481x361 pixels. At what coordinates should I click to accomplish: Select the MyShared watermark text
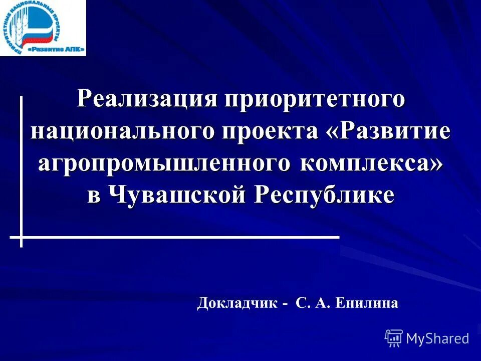tap(437, 338)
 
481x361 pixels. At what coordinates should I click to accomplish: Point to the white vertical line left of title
tap(21, 165)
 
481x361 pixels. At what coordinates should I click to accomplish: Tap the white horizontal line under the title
tap(180, 236)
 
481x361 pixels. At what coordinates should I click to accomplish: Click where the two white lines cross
tap(21, 236)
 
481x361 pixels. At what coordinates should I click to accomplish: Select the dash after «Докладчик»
tap(285, 304)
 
